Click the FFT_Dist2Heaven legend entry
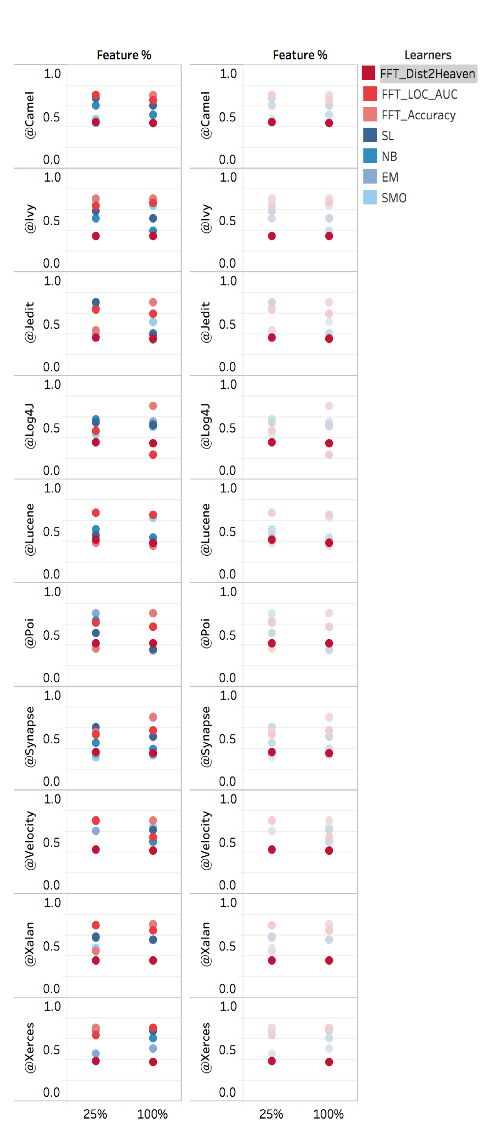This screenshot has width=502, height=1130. point(419,73)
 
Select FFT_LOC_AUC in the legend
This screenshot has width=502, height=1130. point(410,94)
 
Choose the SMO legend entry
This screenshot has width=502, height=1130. point(385,197)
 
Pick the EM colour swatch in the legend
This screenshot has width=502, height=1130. point(370,176)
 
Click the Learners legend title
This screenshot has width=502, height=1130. point(427,55)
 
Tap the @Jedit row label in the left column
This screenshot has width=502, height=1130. point(30,322)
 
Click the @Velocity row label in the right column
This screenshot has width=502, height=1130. point(205,839)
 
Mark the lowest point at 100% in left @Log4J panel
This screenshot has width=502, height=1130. point(153,454)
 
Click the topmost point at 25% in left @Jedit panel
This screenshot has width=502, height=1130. point(96,302)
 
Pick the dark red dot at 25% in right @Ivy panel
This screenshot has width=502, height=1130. point(272,236)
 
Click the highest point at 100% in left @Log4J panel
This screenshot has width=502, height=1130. point(153,405)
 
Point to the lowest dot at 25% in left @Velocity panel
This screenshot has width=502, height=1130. point(96,849)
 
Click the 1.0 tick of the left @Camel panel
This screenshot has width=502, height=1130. point(52,73)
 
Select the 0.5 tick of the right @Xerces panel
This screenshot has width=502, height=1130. point(227,1049)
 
